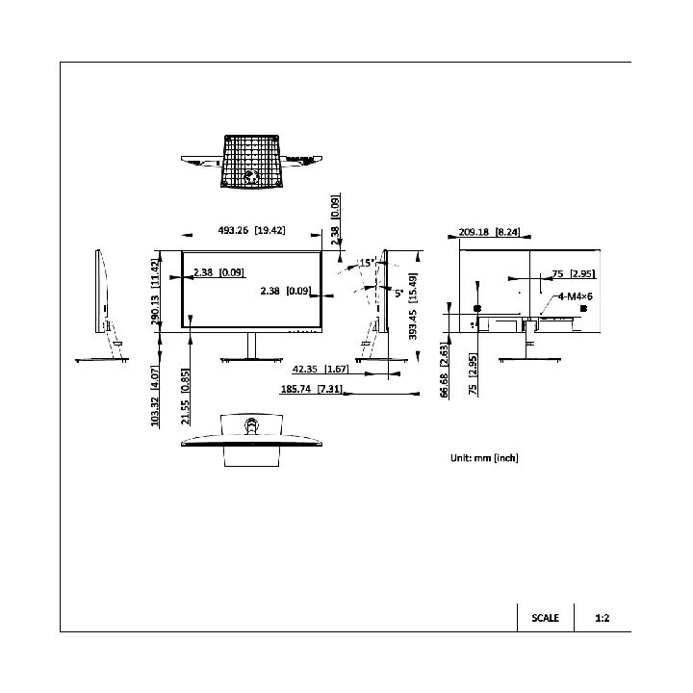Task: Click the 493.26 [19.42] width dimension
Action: pyautogui.click(x=251, y=230)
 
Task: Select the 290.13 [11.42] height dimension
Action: pyautogui.click(x=155, y=293)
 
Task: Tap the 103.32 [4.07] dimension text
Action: pyautogui.click(x=155, y=396)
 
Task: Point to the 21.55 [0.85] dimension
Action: pyautogui.click(x=185, y=397)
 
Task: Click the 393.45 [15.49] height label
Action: pyautogui.click(x=413, y=306)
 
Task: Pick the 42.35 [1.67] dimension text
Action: pyautogui.click(x=321, y=369)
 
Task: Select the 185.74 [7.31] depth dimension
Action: pyautogui.click(x=311, y=389)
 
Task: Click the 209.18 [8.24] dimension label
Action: pyautogui.click(x=489, y=232)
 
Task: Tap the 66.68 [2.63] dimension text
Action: pyautogui.click(x=444, y=370)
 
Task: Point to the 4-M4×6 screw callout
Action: pyautogui.click(x=575, y=296)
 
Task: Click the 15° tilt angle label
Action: pyautogui.click(x=368, y=263)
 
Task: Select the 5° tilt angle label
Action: pyautogui.click(x=399, y=293)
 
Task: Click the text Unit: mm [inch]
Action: pyautogui.click(x=484, y=458)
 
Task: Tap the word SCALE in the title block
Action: pyautogui.click(x=546, y=618)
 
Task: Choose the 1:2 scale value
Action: pyautogui.click(x=603, y=618)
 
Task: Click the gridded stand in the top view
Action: pyautogui.click(x=251, y=162)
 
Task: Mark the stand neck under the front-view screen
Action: pyautogui.click(x=251, y=346)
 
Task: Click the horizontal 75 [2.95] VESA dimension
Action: pyautogui.click(x=574, y=273)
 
